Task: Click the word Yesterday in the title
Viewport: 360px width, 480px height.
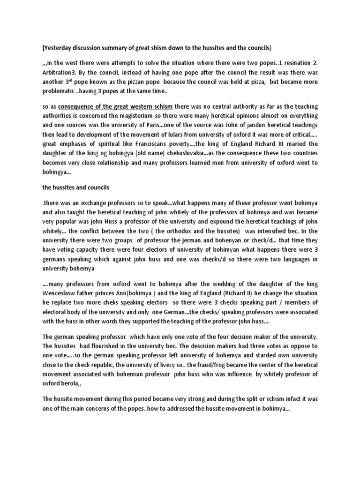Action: click(x=59, y=48)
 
